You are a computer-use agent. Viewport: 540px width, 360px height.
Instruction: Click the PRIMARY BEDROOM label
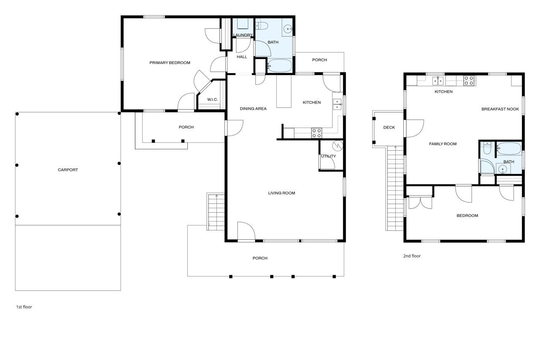(170, 63)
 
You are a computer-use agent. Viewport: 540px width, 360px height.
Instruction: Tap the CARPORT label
(68, 170)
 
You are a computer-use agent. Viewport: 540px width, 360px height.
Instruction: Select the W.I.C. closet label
(212, 99)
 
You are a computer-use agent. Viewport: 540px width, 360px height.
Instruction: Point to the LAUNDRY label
(243, 35)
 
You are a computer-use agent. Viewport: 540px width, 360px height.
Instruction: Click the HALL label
(242, 57)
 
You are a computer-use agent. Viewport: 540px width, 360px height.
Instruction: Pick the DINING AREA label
(253, 109)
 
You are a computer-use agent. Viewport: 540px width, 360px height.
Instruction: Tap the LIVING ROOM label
(281, 193)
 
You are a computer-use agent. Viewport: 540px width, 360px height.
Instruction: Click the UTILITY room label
(328, 156)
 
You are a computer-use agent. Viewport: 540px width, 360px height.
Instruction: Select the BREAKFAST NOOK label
(500, 109)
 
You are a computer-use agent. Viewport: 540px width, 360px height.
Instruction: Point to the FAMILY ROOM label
(443, 144)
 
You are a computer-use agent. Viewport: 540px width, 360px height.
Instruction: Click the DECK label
(389, 127)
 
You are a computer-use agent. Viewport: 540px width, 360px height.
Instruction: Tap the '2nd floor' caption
(412, 256)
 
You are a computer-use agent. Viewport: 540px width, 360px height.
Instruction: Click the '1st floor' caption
(24, 307)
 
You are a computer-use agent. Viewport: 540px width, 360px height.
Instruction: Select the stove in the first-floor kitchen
(316, 133)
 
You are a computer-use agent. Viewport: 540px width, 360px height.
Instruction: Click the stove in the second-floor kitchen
(469, 81)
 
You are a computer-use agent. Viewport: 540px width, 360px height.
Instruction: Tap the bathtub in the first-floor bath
(280, 65)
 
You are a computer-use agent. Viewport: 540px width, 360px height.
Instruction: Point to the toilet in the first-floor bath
(262, 25)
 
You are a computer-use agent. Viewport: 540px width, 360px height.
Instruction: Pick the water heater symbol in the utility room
(337, 146)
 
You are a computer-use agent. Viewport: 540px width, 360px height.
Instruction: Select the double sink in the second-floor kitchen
(438, 81)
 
